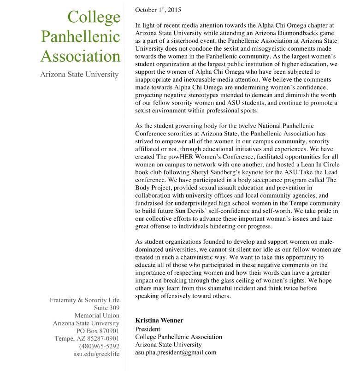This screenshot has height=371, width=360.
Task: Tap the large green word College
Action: coord(94,17)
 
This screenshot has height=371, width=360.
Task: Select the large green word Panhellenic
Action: coord(81,37)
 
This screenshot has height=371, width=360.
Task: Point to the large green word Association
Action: coord(81,56)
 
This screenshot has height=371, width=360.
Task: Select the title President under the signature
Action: coord(148,329)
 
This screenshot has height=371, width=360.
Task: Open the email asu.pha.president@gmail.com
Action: coord(176,353)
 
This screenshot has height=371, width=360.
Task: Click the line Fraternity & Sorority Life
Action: coord(84,300)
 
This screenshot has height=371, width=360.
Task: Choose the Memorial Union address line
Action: coord(97,316)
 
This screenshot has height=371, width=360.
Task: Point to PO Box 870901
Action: coord(97,331)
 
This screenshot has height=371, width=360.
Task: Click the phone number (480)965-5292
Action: coord(99,346)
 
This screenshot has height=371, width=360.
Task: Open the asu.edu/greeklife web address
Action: coord(96,354)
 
